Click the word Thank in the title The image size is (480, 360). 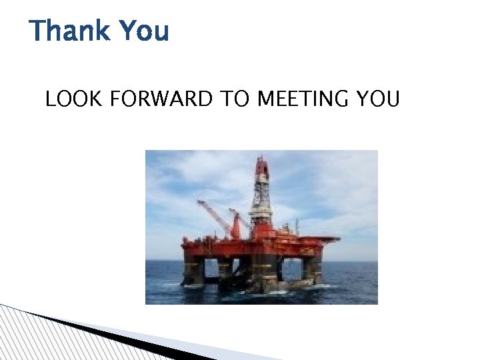tap(69, 31)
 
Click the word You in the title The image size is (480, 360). tap(143, 31)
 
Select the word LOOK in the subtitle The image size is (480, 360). tap(73, 100)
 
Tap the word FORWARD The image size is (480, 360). tap(160, 100)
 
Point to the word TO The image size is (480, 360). tap(233, 100)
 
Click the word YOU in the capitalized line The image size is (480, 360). tap(378, 100)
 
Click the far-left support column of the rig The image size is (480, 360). tap(193, 270)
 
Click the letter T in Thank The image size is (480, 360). tap(38, 31)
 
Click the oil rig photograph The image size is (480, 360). tap(261, 227)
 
